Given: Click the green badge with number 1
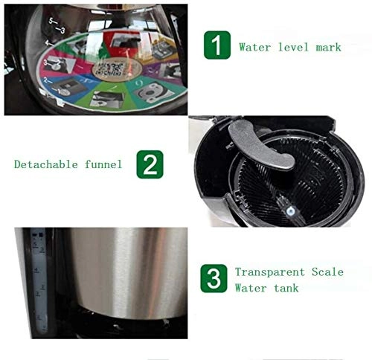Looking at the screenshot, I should point(216,46).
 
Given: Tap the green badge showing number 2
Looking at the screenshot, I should point(150,164).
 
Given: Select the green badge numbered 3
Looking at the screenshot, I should point(214,280).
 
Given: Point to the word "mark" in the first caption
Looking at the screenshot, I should point(327,48).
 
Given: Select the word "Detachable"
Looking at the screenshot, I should point(45,164).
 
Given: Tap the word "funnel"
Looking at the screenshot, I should point(103,164).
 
